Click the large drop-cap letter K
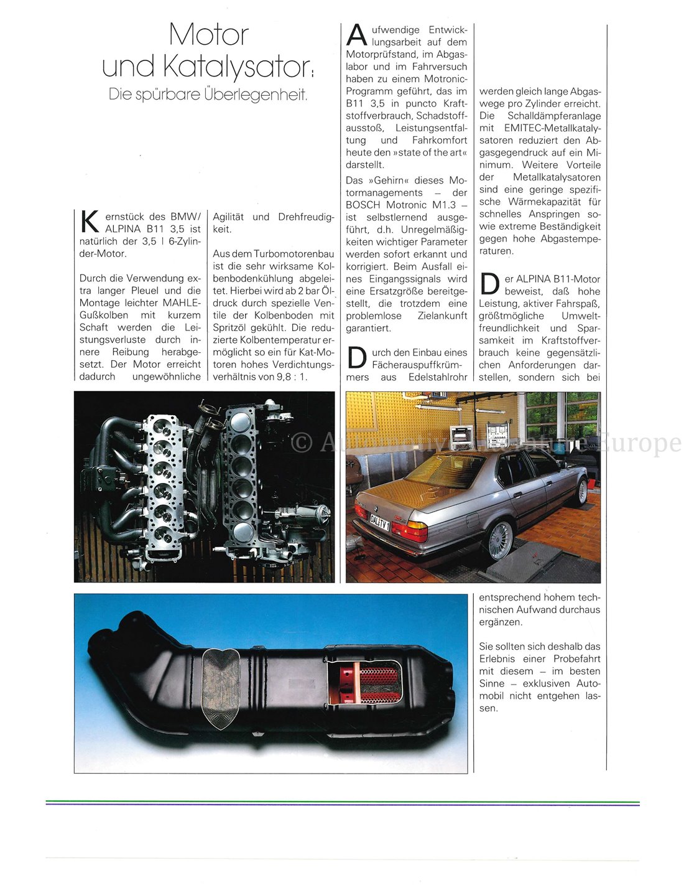click(90, 223)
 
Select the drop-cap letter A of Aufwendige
click(357, 35)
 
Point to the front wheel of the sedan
click(583, 492)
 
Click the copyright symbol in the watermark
click(302, 442)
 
